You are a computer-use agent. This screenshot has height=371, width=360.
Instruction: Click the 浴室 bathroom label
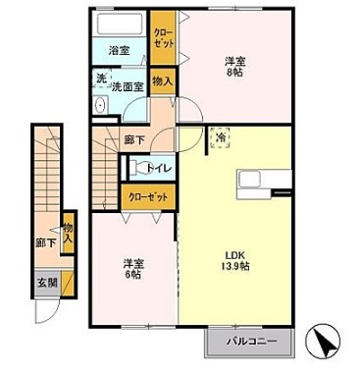click(x=120, y=50)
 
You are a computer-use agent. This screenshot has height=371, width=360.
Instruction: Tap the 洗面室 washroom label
click(x=127, y=86)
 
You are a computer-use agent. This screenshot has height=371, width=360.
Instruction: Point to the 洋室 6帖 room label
click(x=133, y=268)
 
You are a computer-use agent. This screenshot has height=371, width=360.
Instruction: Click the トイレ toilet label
click(x=160, y=168)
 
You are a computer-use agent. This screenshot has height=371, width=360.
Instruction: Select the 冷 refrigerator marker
click(x=220, y=138)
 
